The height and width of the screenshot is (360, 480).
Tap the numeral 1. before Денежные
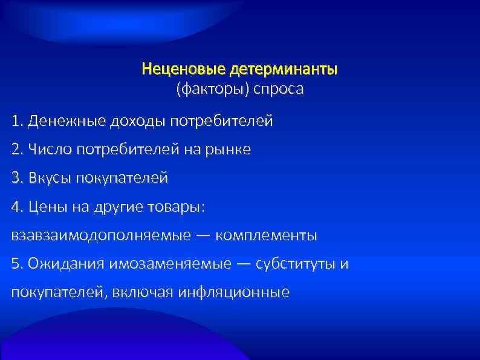pyautogui.click(x=16, y=122)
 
